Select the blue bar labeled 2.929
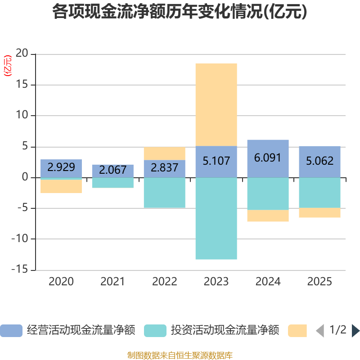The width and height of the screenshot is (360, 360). (61, 168)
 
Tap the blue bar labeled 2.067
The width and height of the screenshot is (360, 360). (113, 171)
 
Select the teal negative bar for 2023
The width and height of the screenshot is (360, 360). (216, 219)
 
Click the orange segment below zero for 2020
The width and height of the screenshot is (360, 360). (61, 186)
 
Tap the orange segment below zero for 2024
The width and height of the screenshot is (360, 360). (268, 216)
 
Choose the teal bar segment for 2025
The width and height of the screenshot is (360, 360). (320, 193)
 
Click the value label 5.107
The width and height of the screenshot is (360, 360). (216, 161)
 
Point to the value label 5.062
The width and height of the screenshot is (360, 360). (320, 161)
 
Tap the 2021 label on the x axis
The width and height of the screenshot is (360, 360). (112, 282)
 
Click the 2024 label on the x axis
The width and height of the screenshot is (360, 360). (268, 282)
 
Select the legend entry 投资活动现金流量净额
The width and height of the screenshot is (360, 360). (211, 331)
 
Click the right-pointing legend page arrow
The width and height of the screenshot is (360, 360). (355, 331)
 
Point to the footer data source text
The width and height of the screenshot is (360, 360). (180, 355)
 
